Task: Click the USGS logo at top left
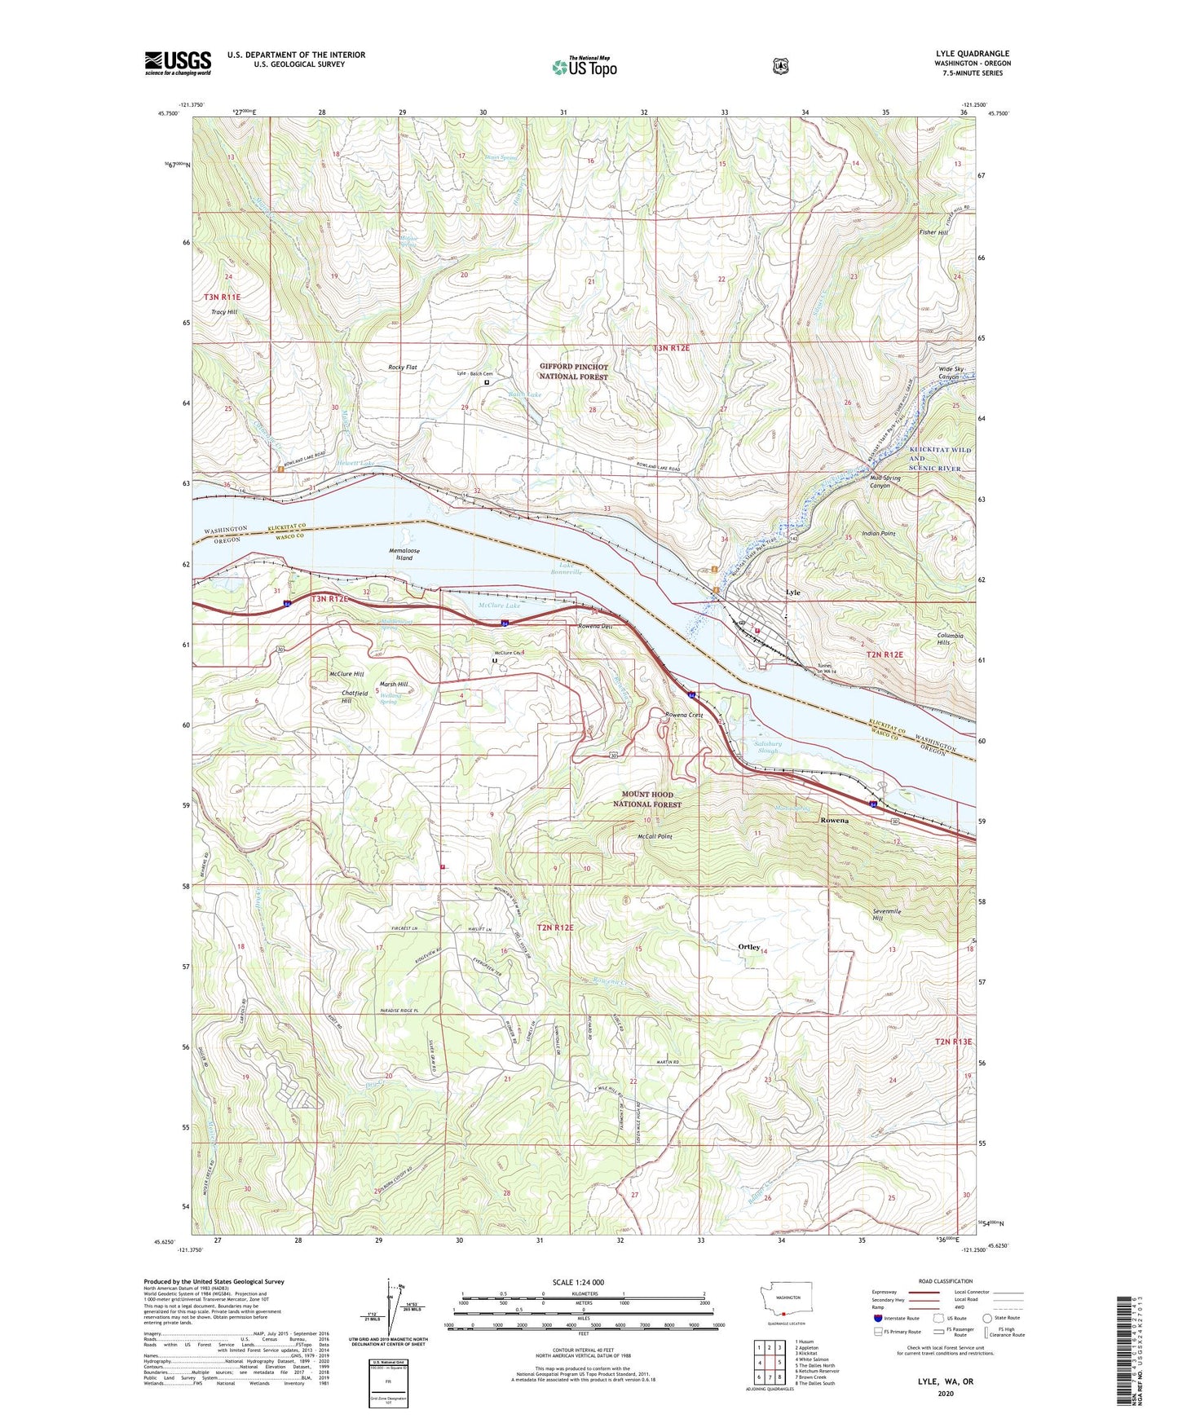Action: coord(178,63)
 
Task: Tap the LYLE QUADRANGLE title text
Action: coord(973,54)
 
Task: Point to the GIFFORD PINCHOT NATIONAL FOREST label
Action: coord(573,372)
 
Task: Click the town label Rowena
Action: coord(834,821)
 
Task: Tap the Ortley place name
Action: coord(748,947)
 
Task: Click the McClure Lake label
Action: coord(499,606)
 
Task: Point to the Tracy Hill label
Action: coord(224,312)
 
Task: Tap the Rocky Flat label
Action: coord(402,368)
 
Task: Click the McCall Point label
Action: coord(655,836)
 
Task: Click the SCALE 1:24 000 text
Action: coord(578,1282)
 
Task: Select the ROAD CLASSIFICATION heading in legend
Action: coord(945,1281)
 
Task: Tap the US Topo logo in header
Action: coord(584,66)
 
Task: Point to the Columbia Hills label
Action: coord(950,639)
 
